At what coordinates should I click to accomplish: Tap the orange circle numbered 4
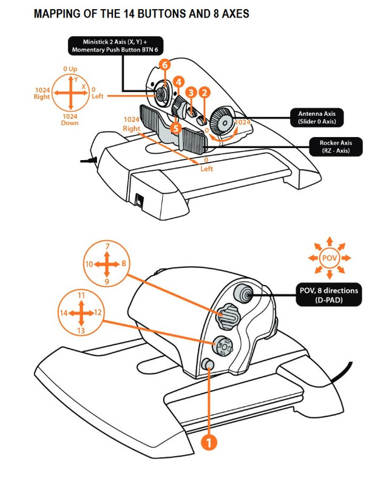click(178, 81)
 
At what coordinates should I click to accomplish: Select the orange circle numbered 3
click(191, 92)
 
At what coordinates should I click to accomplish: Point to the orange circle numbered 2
click(205, 92)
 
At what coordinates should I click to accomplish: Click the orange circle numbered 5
click(175, 129)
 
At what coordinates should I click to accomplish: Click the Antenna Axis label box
click(320, 117)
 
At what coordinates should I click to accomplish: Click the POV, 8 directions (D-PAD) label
click(328, 295)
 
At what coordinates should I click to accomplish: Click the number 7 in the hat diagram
click(107, 247)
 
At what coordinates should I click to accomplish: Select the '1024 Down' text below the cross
click(70, 119)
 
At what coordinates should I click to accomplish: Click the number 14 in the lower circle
click(63, 313)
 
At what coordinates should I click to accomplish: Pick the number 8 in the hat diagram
click(124, 264)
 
